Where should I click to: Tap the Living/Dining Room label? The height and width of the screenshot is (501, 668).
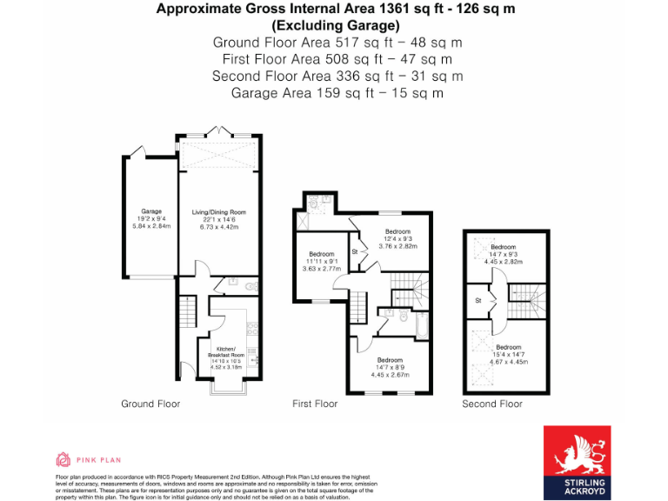tap(219, 211)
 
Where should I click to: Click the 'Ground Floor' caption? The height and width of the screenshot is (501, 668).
tap(150, 404)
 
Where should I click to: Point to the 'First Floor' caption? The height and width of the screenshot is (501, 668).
tap(315, 404)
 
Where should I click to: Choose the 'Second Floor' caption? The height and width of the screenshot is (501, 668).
tap(492, 404)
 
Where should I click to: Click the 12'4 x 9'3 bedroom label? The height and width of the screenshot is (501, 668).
tap(397, 231)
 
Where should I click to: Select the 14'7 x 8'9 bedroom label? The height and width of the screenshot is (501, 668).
tap(390, 360)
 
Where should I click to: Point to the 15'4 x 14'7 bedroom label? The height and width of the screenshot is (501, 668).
tap(508, 347)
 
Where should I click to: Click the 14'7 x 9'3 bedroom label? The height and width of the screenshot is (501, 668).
tap(503, 247)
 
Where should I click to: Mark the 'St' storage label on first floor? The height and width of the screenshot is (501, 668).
tap(355, 252)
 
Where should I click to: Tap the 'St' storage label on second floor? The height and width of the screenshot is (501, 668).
tap(478, 301)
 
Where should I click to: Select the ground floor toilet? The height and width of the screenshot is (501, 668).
tap(250, 285)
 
